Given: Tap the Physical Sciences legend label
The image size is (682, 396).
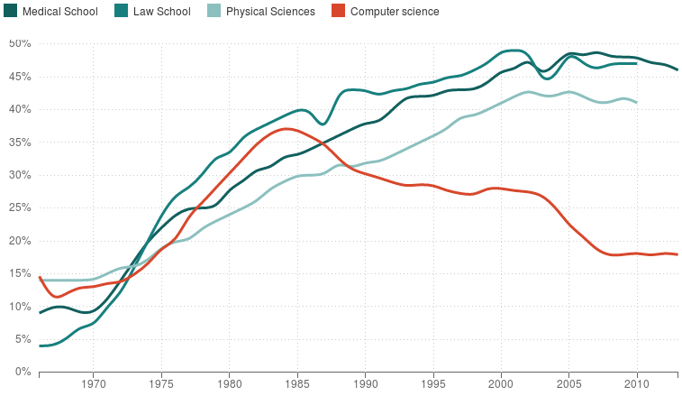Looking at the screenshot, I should click(270, 12).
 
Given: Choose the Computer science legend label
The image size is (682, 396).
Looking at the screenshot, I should click(394, 12).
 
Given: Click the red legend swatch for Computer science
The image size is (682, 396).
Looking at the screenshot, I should click(338, 12).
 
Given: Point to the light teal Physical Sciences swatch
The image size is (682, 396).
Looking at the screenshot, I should click(213, 12).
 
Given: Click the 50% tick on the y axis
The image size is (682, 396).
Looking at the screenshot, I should click(20, 43).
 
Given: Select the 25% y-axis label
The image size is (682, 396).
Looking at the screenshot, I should click(20, 207).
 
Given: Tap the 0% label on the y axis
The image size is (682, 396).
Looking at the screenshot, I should click(23, 372).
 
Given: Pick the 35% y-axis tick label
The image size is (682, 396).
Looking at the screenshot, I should click(20, 142).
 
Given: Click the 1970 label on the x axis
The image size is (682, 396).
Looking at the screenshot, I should click(94, 384).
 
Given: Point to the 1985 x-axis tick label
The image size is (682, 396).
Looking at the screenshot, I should click(297, 384).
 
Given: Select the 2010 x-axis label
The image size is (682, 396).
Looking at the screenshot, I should click(637, 384).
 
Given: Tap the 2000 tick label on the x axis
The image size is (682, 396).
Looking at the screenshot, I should click(501, 384).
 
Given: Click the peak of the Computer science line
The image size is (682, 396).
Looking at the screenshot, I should click(286, 129).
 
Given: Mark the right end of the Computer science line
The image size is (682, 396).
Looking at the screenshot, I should click(677, 254).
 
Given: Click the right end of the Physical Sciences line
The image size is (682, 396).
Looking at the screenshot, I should click(637, 102).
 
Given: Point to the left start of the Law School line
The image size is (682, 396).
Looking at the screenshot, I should click(40, 345).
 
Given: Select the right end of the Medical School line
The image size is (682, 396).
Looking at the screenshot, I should click(677, 69).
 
